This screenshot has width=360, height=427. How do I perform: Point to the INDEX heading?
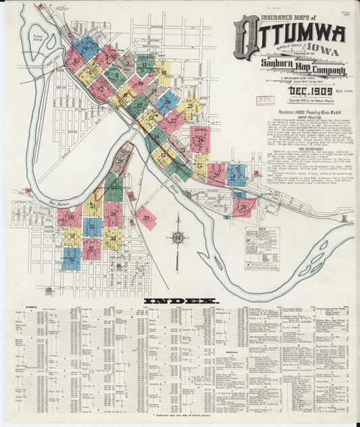click(x=180, y=299)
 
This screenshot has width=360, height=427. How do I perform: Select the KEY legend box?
click(x=262, y=247)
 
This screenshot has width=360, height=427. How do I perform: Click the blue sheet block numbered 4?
click(x=86, y=46)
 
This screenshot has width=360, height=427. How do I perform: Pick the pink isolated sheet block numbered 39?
click(x=146, y=218)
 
